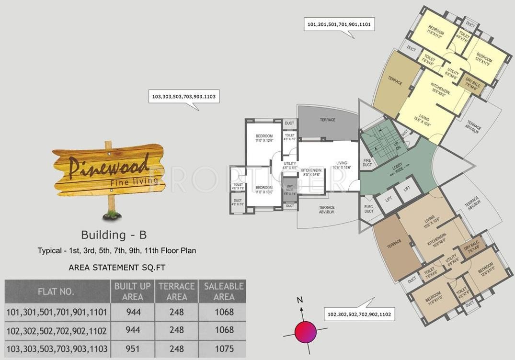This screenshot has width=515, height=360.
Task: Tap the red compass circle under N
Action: click(306, 332)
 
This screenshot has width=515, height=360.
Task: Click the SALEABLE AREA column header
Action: click(224, 291)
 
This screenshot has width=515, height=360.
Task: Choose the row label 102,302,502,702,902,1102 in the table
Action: click(57, 330)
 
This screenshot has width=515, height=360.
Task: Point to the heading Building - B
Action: click(114, 235)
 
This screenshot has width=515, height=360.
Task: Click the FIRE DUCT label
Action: click(367, 163)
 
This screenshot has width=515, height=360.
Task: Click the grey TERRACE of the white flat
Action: click(328, 121)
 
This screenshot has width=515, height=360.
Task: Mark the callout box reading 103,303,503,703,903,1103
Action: click(183, 97)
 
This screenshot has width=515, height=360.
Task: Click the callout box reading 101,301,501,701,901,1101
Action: click(339, 24)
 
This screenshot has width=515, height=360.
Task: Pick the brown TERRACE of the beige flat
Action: click(394, 244)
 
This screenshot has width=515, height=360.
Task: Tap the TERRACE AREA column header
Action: click(177, 291)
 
